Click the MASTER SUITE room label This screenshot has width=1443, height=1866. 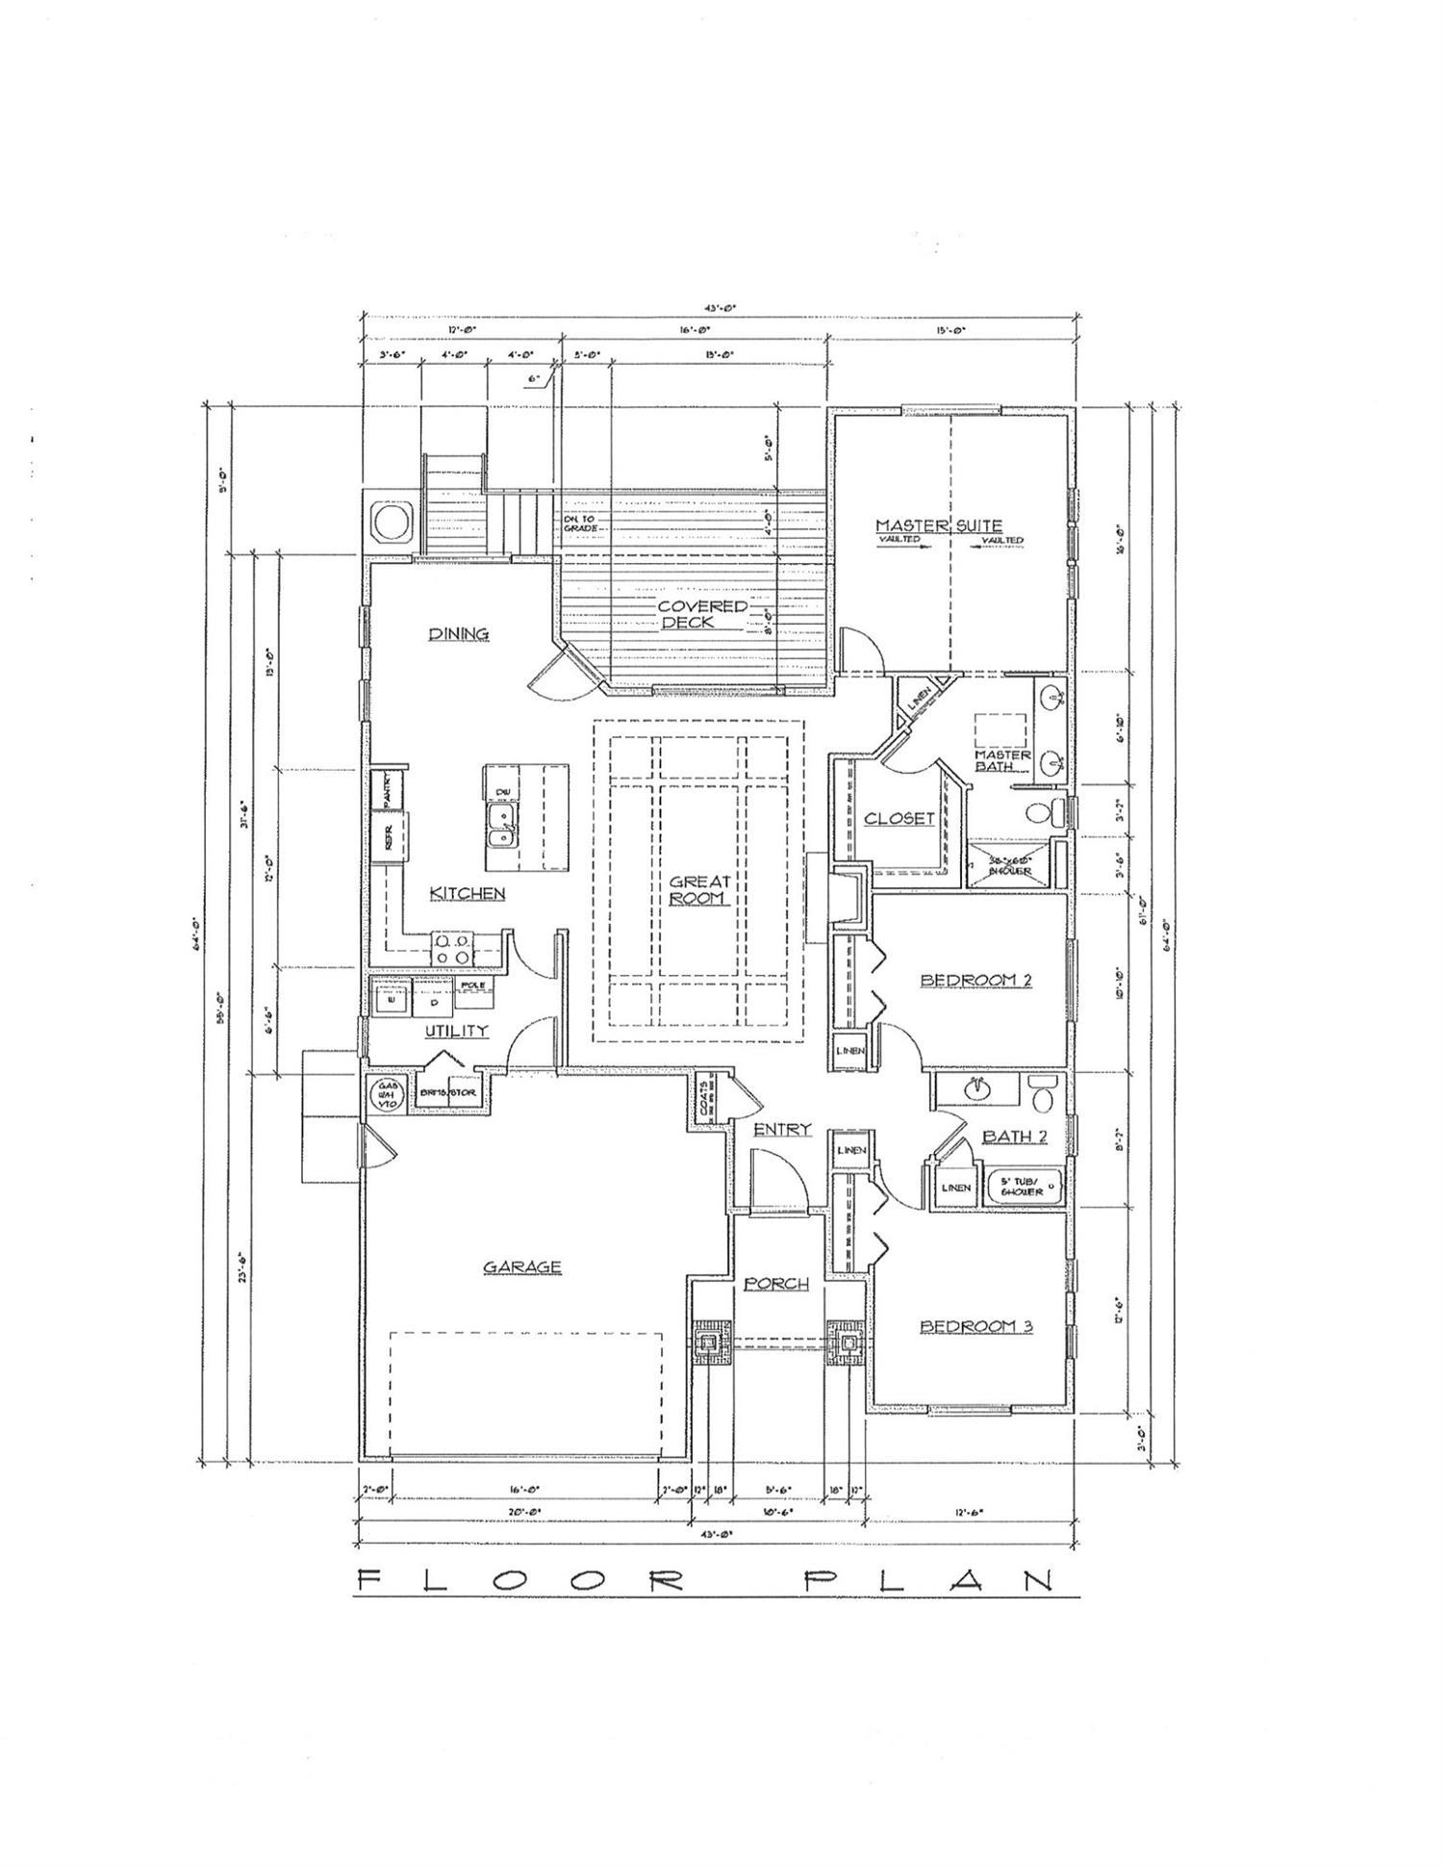point(938,525)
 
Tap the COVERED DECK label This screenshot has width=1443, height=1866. point(701,614)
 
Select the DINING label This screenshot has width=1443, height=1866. point(458,633)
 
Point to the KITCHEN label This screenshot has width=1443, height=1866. point(467,893)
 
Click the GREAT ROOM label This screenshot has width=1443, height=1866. point(699,889)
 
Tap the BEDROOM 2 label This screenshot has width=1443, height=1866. point(975,980)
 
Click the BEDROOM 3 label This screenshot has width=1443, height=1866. point(975,1326)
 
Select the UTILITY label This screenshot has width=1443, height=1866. point(457,1031)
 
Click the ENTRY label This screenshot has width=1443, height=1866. point(781,1129)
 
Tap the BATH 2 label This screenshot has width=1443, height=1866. point(1014,1137)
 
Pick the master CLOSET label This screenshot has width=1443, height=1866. point(899,818)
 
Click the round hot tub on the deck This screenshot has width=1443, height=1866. point(392,523)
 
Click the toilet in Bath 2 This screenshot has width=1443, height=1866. point(1042,1093)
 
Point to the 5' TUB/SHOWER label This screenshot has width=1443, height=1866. point(1020,1186)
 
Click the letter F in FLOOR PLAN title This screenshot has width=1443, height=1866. point(367,1581)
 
